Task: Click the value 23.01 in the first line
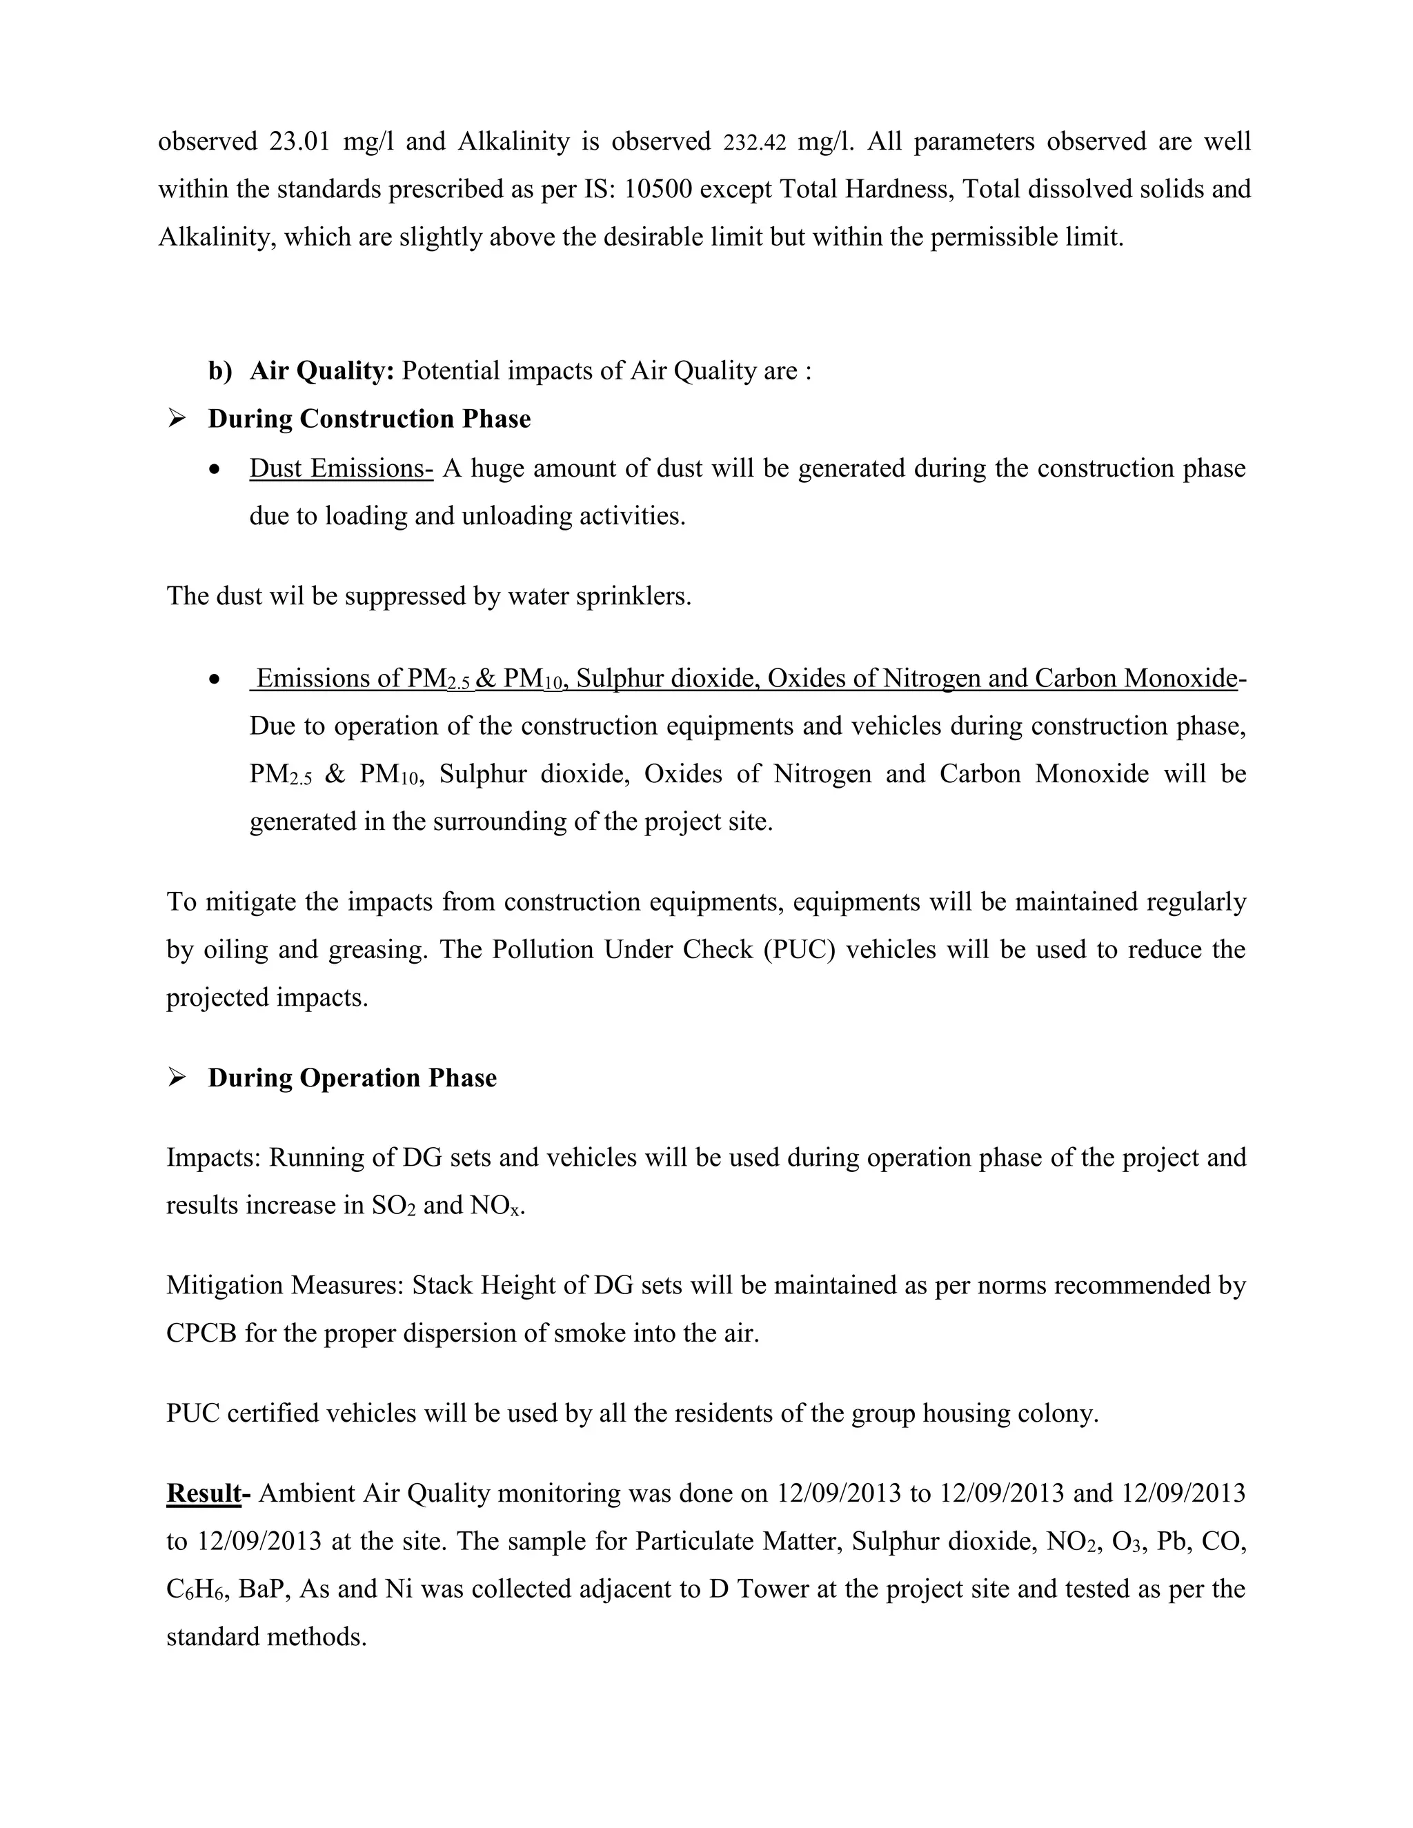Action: pos(299,141)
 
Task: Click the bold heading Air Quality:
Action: pos(322,370)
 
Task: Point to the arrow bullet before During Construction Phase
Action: pos(177,419)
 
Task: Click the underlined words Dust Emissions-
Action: pos(341,468)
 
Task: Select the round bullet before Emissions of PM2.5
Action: pos(216,679)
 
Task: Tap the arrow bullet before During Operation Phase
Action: pos(177,1077)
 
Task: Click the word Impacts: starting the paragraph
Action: pos(213,1158)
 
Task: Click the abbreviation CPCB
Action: pos(201,1333)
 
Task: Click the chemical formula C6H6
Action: pos(196,1589)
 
